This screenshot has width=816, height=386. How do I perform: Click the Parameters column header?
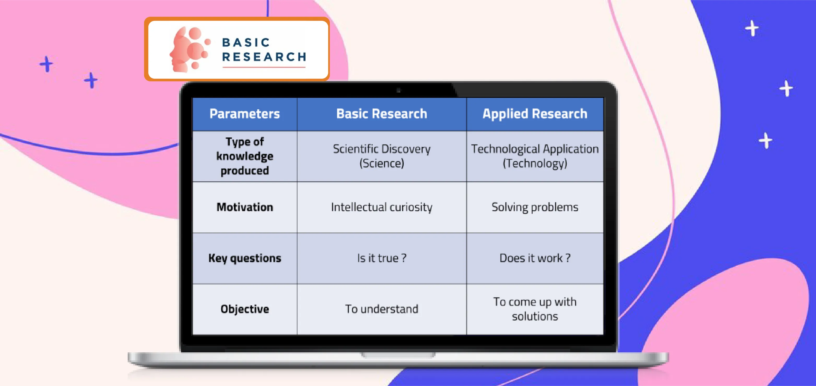245,114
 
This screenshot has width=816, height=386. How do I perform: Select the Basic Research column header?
382,114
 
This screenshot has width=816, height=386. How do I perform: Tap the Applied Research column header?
535,114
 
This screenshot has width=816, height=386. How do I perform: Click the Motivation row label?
245,207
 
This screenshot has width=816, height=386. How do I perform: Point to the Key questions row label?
245,258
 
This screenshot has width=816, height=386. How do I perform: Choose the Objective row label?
245,309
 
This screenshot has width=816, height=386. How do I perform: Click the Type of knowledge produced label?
245,156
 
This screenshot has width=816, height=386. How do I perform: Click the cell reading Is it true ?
382,258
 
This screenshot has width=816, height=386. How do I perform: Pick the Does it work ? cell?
535,258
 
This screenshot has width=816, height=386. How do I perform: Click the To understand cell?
382,309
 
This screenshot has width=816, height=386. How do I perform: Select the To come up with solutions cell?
535,309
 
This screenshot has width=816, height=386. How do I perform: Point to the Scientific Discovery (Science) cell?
382,156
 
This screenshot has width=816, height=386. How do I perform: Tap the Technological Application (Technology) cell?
535,156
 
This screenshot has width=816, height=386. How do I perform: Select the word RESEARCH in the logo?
264,57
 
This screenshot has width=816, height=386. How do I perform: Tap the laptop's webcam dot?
398,91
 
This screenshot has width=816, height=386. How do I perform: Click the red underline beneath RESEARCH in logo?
264,67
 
